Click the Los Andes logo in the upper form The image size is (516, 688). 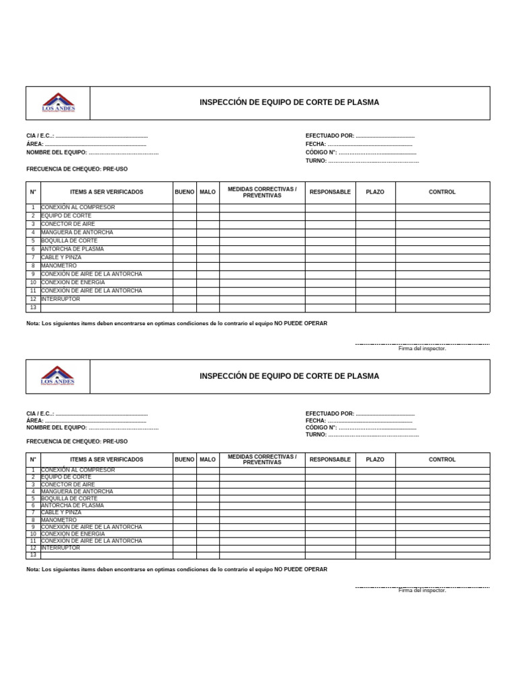[58, 103]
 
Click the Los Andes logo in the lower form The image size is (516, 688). [58, 376]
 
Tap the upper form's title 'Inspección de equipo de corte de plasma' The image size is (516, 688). [289, 103]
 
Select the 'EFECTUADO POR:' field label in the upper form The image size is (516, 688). [329, 136]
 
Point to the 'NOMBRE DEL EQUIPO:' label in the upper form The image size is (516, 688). [56, 153]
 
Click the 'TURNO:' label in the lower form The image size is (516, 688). [316, 435]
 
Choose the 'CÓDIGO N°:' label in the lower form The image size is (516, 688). [321, 427]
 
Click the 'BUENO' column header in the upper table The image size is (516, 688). [184, 192]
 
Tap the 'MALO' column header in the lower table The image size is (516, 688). [208, 460]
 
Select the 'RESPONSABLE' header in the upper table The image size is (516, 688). [330, 192]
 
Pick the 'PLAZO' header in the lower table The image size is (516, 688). [375, 460]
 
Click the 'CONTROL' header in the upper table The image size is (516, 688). [442, 192]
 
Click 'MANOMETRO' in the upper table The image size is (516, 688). [59, 266]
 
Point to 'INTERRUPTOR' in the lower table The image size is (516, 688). [60, 548]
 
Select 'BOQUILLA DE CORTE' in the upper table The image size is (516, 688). [69, 241]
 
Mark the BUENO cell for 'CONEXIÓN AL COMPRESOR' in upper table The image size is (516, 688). [184, 208]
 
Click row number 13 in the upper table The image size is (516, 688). [33, 308]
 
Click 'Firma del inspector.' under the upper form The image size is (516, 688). [422, 349]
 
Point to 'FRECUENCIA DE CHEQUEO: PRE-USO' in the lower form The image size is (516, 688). [77, 441]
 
